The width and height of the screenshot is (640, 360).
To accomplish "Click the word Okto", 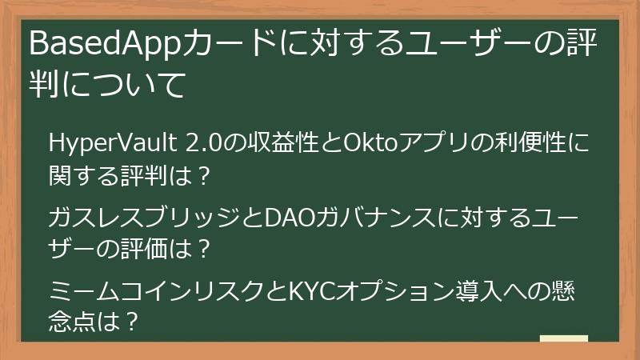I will [366, 145].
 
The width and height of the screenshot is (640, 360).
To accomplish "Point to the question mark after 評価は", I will [202, 249].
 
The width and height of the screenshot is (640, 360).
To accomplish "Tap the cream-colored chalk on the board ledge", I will [563, 338].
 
